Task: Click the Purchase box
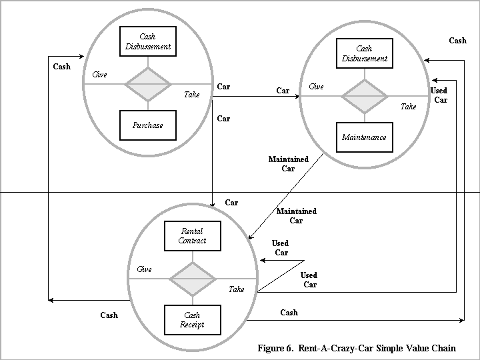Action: (147, 125)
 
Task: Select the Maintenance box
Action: (364, 137)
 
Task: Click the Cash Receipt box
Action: (192, 320)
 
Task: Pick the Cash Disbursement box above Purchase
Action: (147, 41)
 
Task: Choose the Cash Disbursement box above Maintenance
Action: (364, 53)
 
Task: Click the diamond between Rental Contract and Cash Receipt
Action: (192, 279)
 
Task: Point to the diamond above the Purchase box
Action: (147, 84)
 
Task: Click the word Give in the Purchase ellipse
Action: (99, 75)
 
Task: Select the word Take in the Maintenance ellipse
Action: (408, 107)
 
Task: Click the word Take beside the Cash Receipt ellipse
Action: (236, 289)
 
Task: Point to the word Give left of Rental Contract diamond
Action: (144, 269)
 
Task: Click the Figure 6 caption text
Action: (357, 348)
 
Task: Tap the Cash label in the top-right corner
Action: (457, 41)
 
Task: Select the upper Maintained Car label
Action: (288, 164)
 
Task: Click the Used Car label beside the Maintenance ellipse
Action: (439, 95)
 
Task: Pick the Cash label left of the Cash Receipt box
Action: (109, 315)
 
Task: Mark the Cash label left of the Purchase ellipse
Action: (61, 67)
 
